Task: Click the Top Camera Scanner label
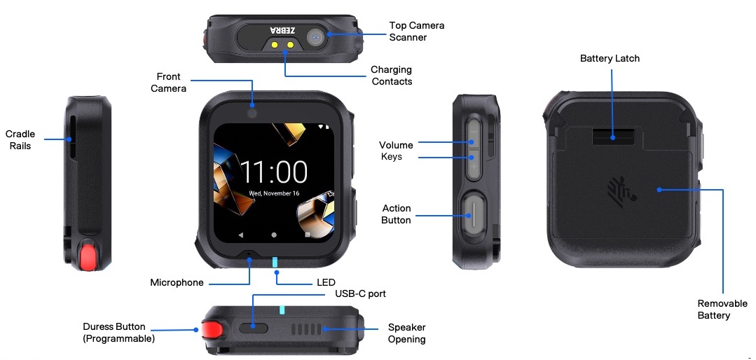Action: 417,32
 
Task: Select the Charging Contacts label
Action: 392,76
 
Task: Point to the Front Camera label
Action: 168,83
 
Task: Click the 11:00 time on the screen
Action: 274,172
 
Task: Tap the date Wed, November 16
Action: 274,193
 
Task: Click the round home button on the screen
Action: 274,235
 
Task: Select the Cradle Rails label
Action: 20,140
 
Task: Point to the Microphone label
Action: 177,283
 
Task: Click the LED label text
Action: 326,282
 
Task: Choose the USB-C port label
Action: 361,293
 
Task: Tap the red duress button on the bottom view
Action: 212,330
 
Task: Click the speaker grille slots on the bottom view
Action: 306,330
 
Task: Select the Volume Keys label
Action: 396,151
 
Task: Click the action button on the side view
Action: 474,212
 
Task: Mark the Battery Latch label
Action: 610,58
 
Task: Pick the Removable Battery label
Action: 722,310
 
